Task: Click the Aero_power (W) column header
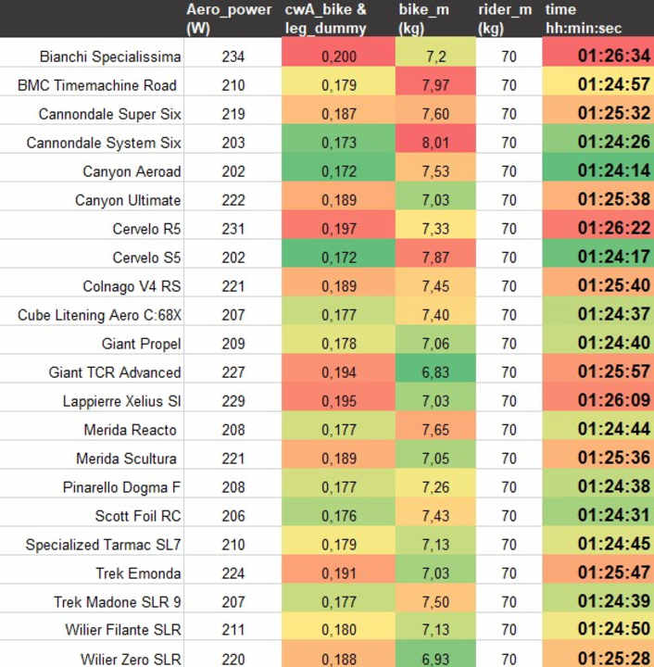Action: coord(229,19)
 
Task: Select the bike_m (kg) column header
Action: coord(424,19)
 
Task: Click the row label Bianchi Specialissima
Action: coord(110,57)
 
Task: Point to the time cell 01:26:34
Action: coord(613,57)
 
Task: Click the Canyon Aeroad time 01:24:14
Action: coord(613,171)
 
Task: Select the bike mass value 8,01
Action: coord(436,143)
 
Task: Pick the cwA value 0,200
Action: coord(338,57)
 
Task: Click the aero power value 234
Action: coord(233,57)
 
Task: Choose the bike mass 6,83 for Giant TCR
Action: coord(436,372)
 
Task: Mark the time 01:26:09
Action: coord(613,401)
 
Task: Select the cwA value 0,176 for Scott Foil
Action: coord(338,516)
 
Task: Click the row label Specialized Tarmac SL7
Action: coord(103,545)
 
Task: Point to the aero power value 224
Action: coord(233,573)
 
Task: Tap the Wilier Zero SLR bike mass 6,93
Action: coord(436,660)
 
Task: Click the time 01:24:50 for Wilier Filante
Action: coord(613,631)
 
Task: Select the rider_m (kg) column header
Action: coord(505,19)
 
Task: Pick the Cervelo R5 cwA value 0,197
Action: coord(338,229)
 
